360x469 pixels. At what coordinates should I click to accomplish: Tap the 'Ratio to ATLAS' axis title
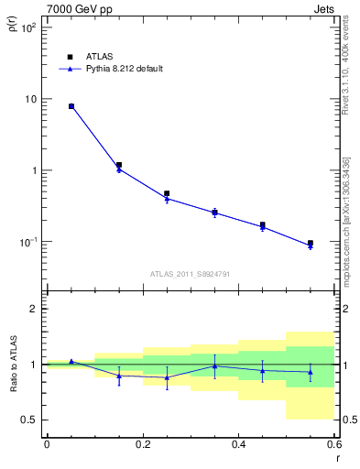pos(13,365)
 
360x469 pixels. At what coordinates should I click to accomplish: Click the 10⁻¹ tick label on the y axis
pos(27,242)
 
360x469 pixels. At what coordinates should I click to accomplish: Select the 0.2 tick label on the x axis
pos(142,444)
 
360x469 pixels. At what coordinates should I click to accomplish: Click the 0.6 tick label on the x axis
pos(333,444)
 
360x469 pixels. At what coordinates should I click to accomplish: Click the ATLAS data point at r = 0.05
pos(71,106)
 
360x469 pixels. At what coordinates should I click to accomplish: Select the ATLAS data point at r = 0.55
pos(311,244)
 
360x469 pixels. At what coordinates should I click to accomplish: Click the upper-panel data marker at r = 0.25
pos(167,194)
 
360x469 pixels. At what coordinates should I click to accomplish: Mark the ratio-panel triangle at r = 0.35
pos(214,365)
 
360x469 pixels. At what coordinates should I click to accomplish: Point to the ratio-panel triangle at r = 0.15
pos(119,376)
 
